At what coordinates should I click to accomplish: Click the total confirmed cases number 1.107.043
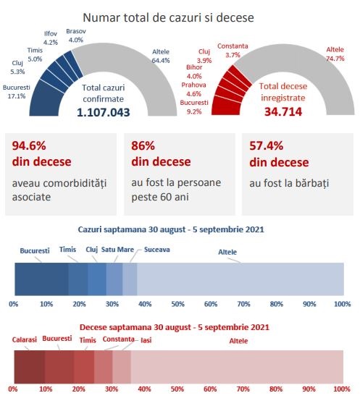click(x=104, y=112)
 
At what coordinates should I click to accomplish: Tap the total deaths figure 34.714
click(x=283, y=111)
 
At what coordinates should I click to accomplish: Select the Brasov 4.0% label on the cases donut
click(x=76, y=35)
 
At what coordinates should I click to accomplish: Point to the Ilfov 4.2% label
click(x=51, y=38)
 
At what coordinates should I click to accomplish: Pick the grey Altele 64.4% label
click(x=161, y=56)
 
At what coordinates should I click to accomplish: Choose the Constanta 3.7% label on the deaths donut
click(x=233, y=50)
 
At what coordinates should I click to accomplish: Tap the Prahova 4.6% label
click(x=193, y=89)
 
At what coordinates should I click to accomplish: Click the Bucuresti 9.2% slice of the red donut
click(x=226, y=106)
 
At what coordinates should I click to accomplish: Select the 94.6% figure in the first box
click(x=29, y=145)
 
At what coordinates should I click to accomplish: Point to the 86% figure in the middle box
click(x=143, y=145)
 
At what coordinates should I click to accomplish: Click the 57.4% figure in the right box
click(x=266, y=145)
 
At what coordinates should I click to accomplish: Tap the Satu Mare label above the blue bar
click(x=117, y=250)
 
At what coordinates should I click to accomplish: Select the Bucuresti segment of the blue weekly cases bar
click(x=41, y=279)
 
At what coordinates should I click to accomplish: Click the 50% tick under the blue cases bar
click(x=177, y=304)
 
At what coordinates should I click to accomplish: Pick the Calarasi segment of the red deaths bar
click(x=29, y=367)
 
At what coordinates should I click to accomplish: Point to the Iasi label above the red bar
click(x=146, y=340)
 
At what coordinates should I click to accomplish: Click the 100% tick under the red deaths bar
click(x=342, y=389)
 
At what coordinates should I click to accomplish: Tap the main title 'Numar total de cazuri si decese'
click(x=168, y=17)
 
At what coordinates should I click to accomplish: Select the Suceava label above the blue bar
click(x=156, y=250)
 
